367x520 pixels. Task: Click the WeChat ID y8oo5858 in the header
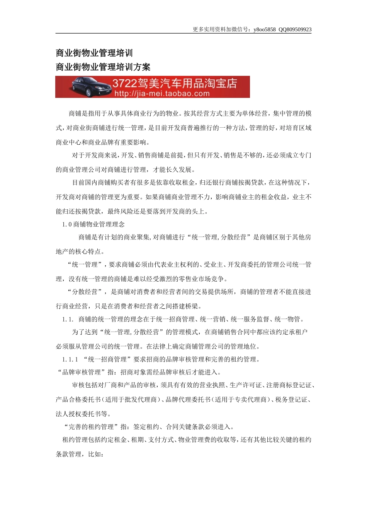(x=265, y=29)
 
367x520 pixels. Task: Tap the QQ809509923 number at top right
(x=295, y=29)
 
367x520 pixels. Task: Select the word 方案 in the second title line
(x=142, y=67)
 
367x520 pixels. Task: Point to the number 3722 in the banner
(x=124, y=83)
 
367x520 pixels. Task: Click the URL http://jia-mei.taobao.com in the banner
(x=162, y=93)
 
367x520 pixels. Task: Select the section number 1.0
(x=67, y=224)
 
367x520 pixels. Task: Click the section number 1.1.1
(x=70, y=359)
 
